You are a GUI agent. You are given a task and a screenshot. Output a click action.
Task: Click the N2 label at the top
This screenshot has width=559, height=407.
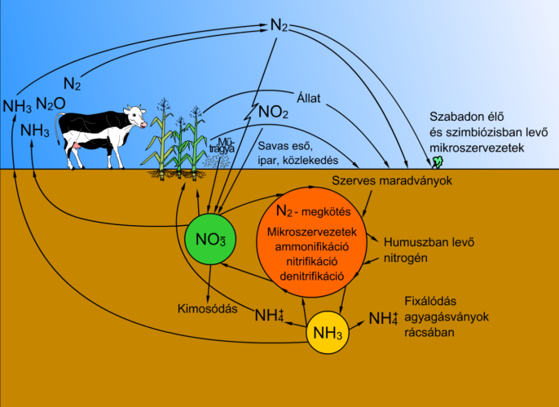point(279,24)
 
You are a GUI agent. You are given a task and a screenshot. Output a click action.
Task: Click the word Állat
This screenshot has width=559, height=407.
point(310,99)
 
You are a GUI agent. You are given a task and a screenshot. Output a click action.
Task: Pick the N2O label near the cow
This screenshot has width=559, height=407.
point(51,104)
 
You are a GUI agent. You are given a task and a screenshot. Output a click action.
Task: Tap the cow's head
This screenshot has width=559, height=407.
point(135,119)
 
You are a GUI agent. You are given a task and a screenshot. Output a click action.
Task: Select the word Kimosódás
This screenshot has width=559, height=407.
point(207,308)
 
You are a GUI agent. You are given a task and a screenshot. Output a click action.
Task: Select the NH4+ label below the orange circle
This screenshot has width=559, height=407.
point(270,315)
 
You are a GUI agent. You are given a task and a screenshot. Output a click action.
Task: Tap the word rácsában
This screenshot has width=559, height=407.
point(432,334)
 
